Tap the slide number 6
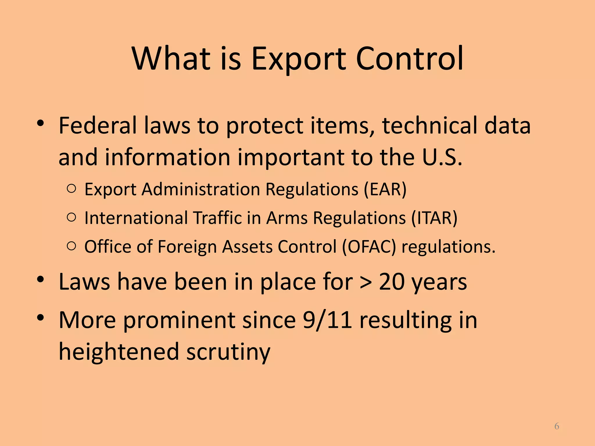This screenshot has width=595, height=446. tap(556, 426)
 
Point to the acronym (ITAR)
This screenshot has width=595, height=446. tap(434, 218)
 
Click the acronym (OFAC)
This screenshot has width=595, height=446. tap(369, 247)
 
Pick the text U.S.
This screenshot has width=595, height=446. tap(442, 157)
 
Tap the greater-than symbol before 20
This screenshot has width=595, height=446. tap(365, 282)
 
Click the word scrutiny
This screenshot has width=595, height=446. tap(228, 352)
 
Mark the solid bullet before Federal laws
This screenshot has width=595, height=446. tap(40, 123)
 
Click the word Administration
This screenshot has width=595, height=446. tap(201, 190)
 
